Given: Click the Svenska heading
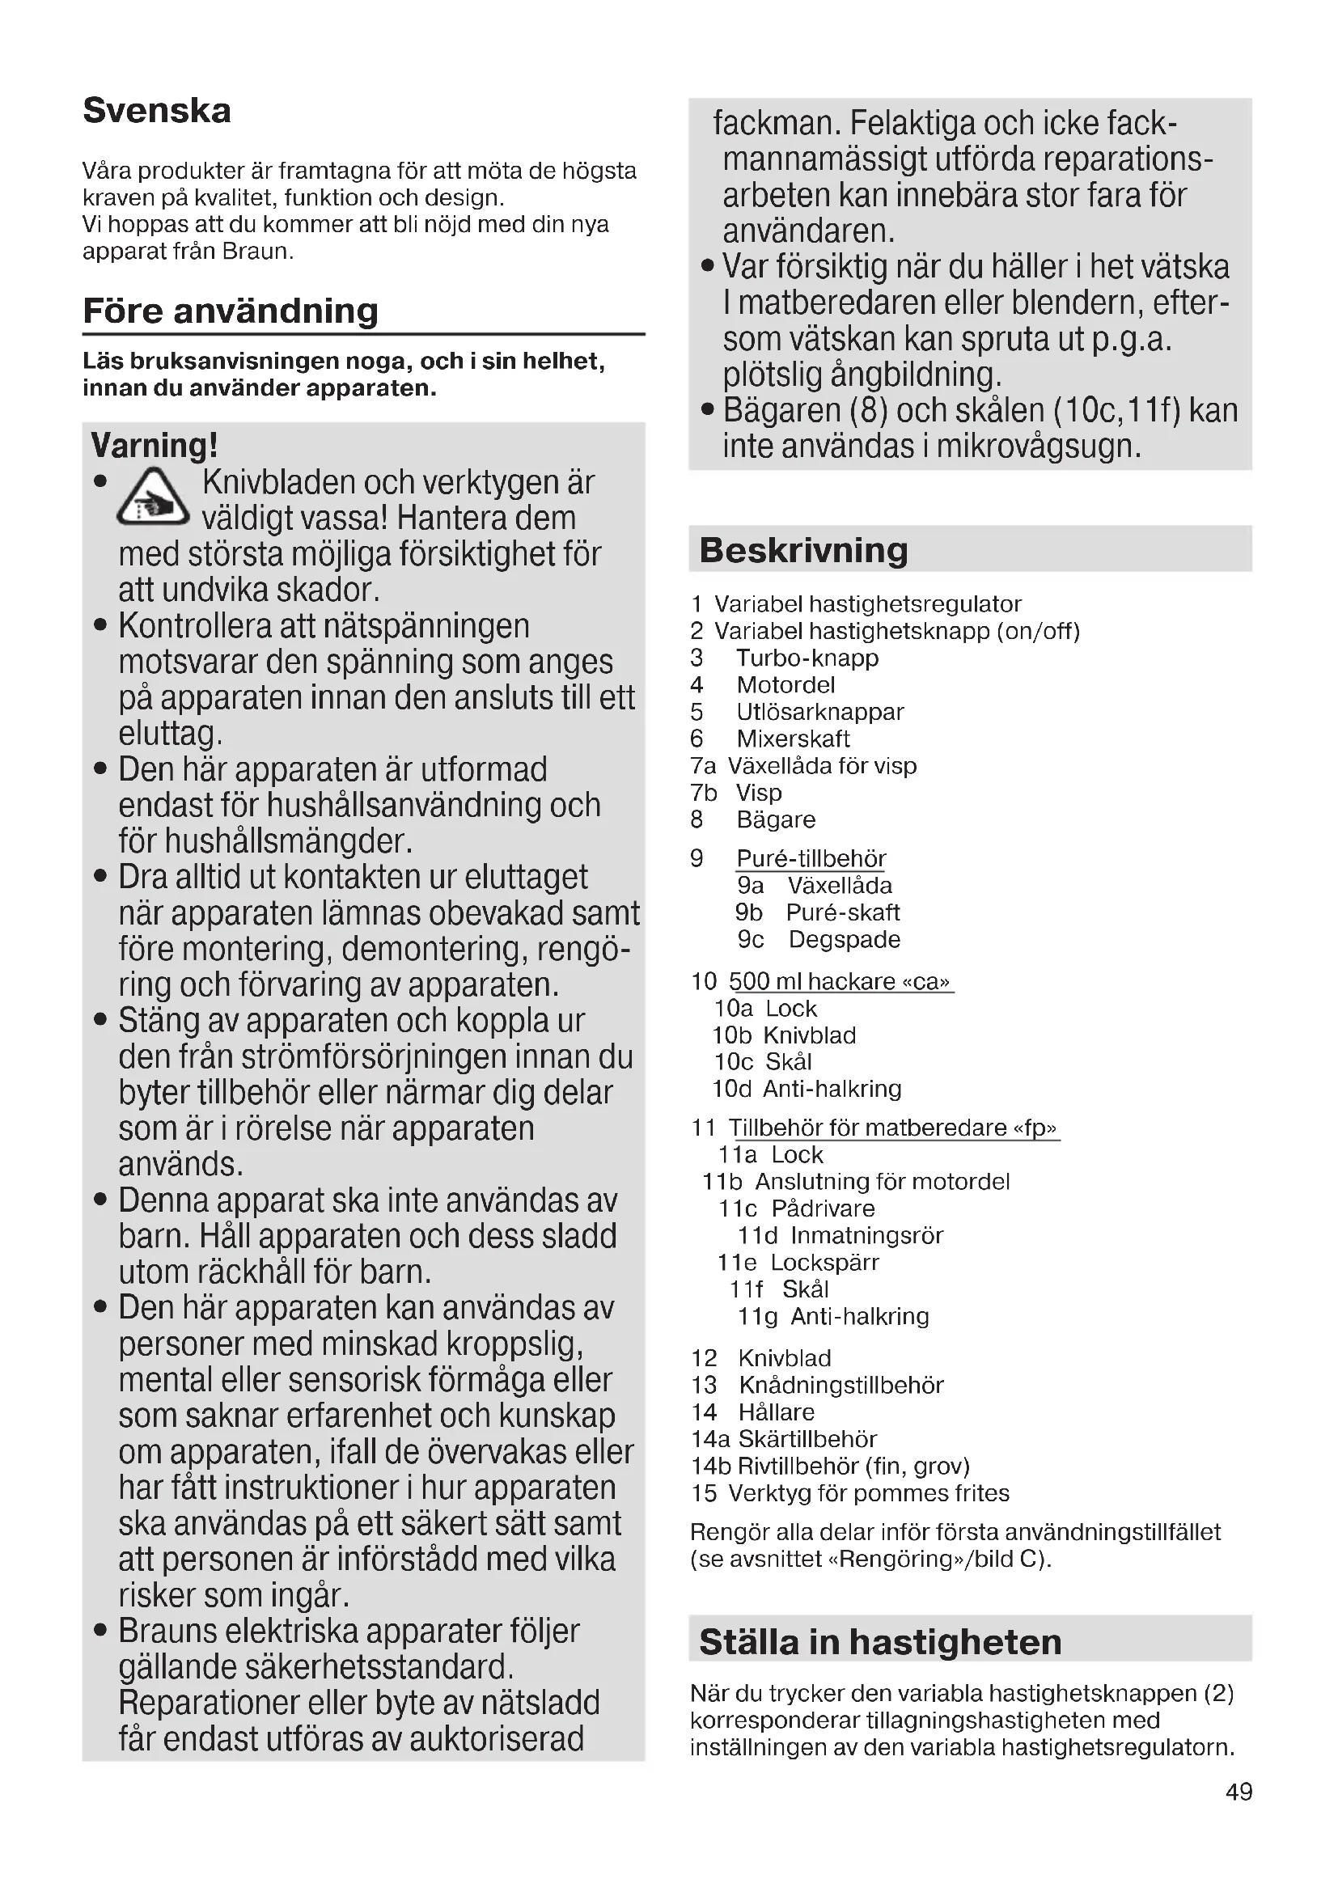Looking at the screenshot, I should click(x=157, y=111).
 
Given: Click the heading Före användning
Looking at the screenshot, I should click(x=231, y=311).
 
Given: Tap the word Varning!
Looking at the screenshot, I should click(x=154, y=445).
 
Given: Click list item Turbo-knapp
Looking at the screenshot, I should click(x=807, y=658).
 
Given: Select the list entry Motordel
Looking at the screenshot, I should click(x=785, y=685).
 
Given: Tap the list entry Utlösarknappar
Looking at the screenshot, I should click(x=819, y=712).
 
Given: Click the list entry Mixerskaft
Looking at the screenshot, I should click(x=793, y=739).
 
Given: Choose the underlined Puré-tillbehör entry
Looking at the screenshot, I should click(x=811, y=859).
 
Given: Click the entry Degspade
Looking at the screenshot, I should click(x=844, y=939).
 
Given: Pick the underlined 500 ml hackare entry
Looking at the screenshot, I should click(x=840, y=981).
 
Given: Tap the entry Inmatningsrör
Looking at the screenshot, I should click(x=866, y=1235).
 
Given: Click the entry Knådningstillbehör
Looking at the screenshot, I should click(x=840, y=1385).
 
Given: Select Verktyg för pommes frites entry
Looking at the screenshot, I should click(x=868, y=1493).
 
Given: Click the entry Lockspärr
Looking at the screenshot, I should click(x=824, y=1263).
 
